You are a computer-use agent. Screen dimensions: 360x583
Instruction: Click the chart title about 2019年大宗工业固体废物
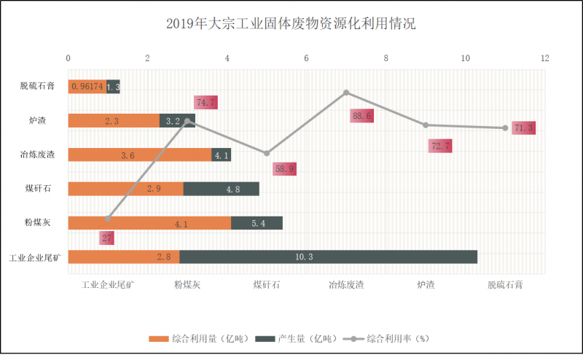pyautogui.click(x=291, y=24)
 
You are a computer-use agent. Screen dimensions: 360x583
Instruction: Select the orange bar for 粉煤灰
pyautogui.click(x=149, y=223)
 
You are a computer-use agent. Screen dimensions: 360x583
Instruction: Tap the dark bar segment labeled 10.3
pyautogui.click(x=328, y=257)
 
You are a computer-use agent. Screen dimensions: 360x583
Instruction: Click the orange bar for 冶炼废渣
pyautogui.click(x=140, y=155)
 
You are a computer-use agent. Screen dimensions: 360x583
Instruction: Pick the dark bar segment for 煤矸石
pyautogui.click(x=222, y=189)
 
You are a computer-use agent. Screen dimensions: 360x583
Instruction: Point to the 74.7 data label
pyautogui.click(x=206, y=103)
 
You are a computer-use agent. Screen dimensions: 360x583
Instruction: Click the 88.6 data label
pyautogui.click(x=361, y=115)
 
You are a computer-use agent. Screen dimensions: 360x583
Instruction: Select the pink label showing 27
pyautogui.click(x=106, y=238)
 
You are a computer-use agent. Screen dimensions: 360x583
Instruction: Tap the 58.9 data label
pyautogui.click(x=286, y=169)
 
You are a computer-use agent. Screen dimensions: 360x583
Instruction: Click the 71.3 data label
pyautogui.click(x=523, y=128)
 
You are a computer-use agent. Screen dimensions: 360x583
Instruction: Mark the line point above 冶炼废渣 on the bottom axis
pyautogui.click(x=346, y=93)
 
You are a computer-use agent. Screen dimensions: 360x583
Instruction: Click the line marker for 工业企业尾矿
pyautogui.click(x=108, y=218)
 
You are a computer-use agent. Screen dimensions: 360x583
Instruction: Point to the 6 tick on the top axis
pyautogui.click(x=306, y=58)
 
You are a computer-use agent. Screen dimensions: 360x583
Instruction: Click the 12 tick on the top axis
pyautogui.click(x=544, y=58)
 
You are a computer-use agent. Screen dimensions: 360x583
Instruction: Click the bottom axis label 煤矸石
pyautogui.click(x=267, y=285)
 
